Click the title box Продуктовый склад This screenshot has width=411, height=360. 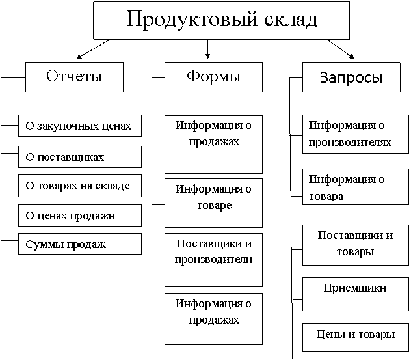221,20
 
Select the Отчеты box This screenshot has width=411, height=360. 74,77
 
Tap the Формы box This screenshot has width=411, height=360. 213,77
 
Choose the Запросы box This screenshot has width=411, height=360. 351,77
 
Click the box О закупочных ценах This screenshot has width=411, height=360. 80,126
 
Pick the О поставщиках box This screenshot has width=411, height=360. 80,157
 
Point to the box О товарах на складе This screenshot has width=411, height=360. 80,186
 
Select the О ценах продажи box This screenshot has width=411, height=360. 80,215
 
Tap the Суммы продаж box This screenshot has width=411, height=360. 80,243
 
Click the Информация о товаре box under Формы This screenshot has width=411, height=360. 213,203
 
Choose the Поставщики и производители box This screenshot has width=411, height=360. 213,260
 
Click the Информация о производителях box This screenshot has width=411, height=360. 356,134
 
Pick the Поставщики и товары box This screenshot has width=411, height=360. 356,245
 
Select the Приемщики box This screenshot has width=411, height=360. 356,294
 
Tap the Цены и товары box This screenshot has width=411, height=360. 356,337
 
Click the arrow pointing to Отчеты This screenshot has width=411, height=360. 92,49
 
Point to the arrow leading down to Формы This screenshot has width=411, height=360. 208,49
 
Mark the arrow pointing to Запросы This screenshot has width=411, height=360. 341,49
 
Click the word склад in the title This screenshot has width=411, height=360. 291,20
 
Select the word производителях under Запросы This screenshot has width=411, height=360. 350,143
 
